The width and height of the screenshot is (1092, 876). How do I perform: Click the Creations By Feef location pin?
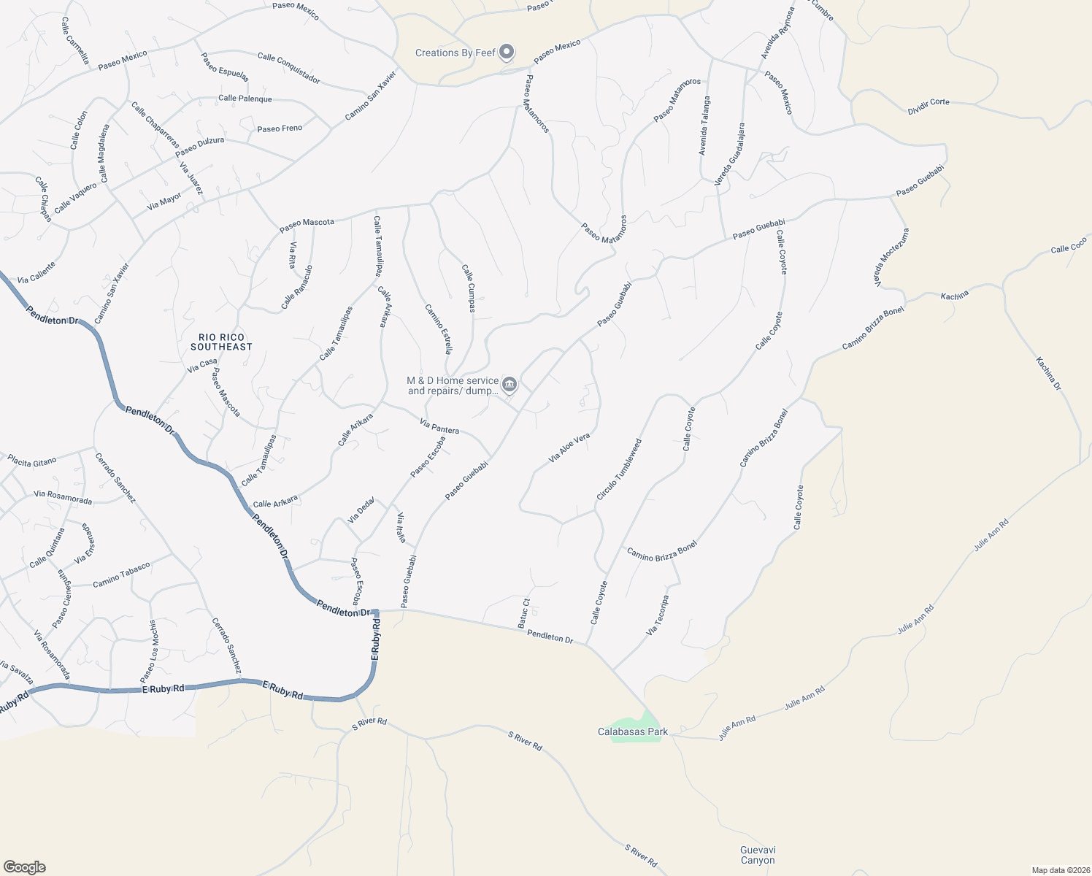(507, 53)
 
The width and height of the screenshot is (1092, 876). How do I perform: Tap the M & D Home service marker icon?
(510, 385)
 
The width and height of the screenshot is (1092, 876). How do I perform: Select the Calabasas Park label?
(633, 731)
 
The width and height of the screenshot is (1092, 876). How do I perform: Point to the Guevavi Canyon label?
(758, 855)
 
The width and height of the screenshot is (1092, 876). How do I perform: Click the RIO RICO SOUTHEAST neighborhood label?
(221, 342)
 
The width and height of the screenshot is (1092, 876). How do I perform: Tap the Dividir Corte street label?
(928, 107)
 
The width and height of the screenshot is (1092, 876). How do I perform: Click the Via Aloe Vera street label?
(569, 448)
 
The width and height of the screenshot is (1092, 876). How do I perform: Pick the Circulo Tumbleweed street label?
(619, 469)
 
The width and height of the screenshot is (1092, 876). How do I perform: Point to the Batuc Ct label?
(523, 613)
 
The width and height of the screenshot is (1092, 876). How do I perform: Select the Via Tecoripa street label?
(658, 615)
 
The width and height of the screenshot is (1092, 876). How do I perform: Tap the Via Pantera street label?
(439, 426)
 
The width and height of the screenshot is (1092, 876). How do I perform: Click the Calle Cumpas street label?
(468, 288)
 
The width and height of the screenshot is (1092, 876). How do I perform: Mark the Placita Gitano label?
(32, 461)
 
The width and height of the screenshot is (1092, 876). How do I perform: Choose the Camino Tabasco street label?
(121, 575)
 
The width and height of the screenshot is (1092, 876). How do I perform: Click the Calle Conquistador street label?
(288, 67)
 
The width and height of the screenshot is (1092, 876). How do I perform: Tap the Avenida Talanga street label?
(704, 126)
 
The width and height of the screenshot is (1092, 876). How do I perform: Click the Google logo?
(24, 867)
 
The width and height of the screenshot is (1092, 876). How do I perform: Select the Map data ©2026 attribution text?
(1059, 870)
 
